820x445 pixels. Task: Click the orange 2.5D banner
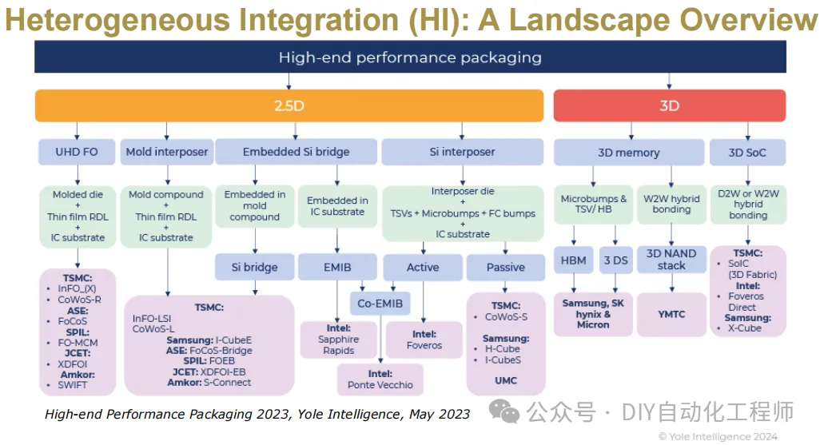pos(289,105)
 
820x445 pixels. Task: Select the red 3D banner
pos(669,105)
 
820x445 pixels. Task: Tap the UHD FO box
pos(78,152)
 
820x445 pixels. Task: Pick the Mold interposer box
pos(166,152)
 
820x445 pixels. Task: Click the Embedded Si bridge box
pos(296,152)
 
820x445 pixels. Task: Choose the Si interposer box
pos(463,152)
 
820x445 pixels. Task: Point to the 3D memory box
pos(628,152)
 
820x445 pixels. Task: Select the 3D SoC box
pos(747,152)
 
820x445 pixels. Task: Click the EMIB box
pos(336,267)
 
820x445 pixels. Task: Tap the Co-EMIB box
pos(380,304)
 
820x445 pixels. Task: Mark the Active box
pos(423,267)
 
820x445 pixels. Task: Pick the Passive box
pos(505,267)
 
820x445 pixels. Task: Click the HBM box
pos(573,260)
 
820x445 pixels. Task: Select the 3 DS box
pos(615,260)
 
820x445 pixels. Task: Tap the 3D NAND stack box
pos(671,260)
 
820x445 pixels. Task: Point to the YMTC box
pos(671,314)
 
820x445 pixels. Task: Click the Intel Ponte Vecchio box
pos(380,379)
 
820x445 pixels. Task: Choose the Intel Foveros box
pos(424,340)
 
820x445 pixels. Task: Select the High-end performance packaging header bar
pos(410,57)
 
